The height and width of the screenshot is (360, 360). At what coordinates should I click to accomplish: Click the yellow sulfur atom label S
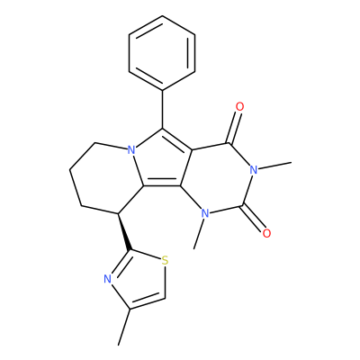pyautogui.click(x=165, y=260)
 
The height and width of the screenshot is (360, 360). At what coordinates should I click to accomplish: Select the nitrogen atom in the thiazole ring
pyautogui.click(x=107, y=280)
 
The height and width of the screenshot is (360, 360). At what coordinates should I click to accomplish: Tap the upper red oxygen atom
pyautogui.click(x=239, y=106)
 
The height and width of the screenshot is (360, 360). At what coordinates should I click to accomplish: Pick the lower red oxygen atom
pyautogui.click(x=266, y=233)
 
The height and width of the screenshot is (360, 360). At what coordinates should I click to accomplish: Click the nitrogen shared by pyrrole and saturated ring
pyautogui.click(x=130, y=149)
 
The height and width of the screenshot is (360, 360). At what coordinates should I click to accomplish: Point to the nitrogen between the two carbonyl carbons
pyautogui.click(x=254, y=170)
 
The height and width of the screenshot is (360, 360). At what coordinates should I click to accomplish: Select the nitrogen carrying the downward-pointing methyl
pyautogui.click(x=205, y=213)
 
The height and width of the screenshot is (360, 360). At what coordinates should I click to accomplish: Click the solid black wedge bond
pyautogui.click(x=123, y=231)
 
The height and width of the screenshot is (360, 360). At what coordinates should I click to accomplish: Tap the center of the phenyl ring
pyautogui.click(x=162, y=53)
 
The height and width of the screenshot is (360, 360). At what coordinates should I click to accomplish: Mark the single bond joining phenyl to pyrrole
pyautogui.click(x=162, y=109)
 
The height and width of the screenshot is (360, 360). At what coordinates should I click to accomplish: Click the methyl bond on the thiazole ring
pyautogui.click(x=124, y=327)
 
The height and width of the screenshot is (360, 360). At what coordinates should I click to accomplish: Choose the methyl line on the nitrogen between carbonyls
pyautogui.click(x=274, y=166)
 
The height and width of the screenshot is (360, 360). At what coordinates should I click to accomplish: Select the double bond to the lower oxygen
pyautogui.click(x=254, y=218)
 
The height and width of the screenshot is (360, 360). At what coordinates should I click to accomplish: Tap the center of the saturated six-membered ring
pyautogui.click(x=106, y=178)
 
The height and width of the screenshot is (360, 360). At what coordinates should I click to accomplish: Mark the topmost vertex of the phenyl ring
pyautogui.click(x=162, y=15)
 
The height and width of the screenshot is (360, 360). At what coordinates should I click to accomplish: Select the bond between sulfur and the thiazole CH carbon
pyautogui.click(x=165, y=283)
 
